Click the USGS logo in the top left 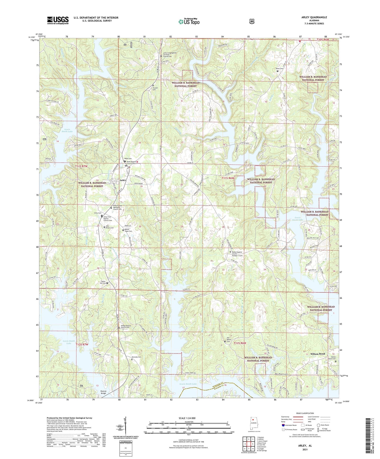coord(58,20)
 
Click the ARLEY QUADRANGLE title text coord(313,17)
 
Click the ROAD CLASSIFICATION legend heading coord(304,413)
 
